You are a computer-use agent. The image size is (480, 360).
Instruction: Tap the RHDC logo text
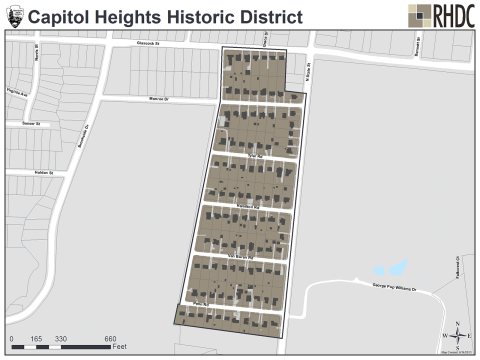449,15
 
